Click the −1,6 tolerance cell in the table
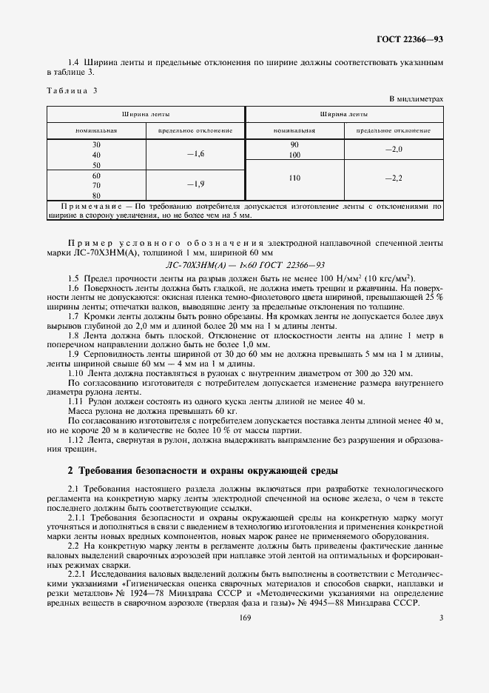pos(195,153)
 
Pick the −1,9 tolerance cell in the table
pos(195,184)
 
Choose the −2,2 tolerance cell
pos(394,178)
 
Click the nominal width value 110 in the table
pos(294,178)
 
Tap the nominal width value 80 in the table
pos(96,195)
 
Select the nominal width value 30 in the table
pos(96,144)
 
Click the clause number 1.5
pos(73,275)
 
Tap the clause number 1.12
pos(75,439)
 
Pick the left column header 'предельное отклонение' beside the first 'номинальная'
pos(195,130)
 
